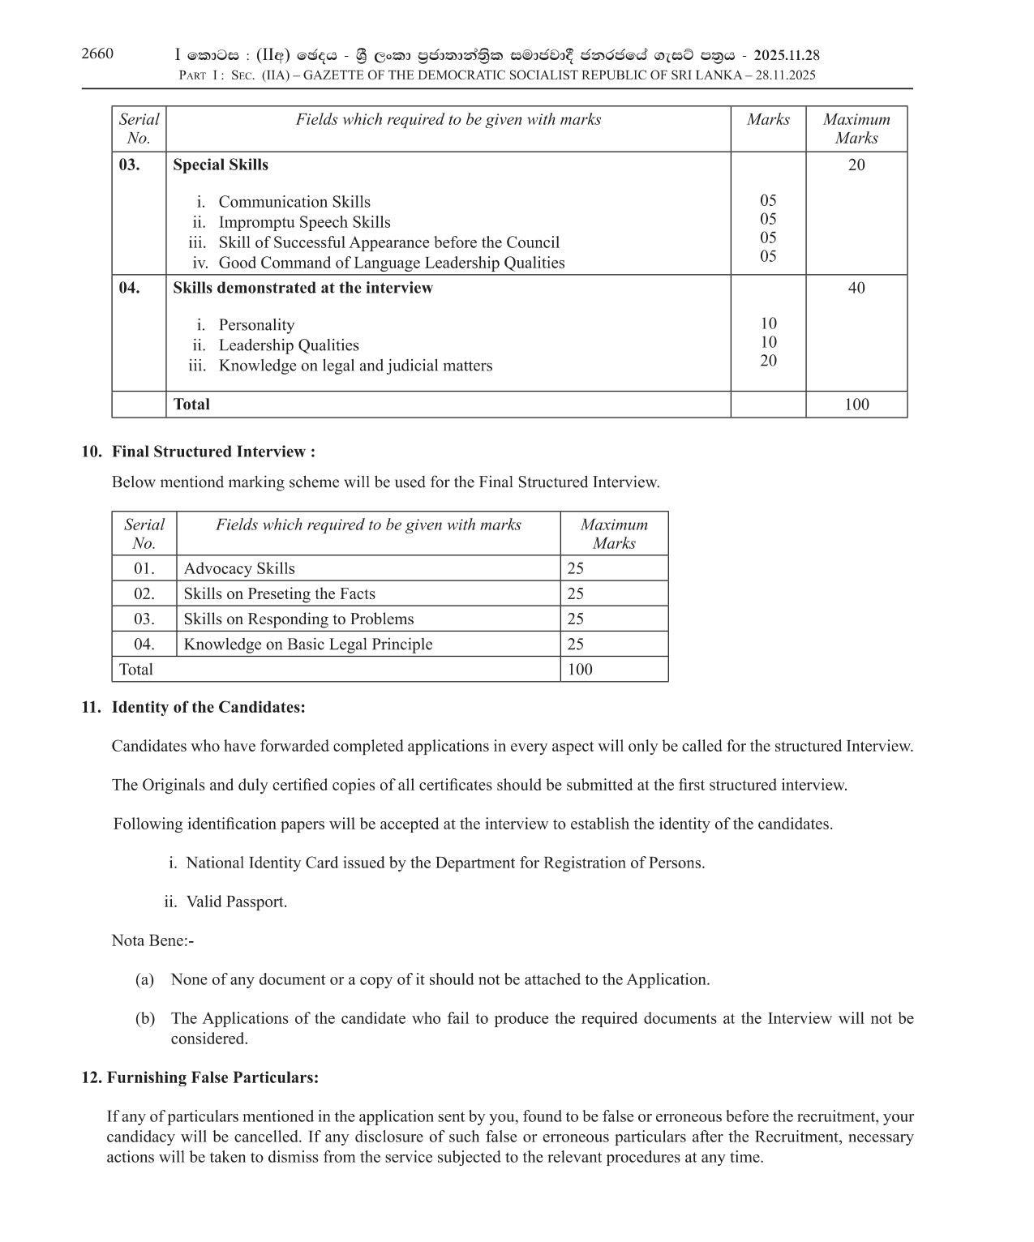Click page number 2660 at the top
click(97, 54)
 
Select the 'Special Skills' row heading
click(221, 165)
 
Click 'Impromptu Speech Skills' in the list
click(304, 222)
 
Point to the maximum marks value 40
click(856, 288)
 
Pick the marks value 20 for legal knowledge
click(768, 361)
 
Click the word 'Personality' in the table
click(256, 325)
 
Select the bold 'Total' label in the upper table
click(191, 404)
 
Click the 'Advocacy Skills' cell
click(239, 568)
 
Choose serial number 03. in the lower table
click(144, 619)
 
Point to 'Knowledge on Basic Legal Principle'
click(308, 644)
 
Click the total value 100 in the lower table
click(580, 669)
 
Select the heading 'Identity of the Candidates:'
click(208, 707)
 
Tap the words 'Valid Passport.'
click(237, 902)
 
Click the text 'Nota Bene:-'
click(152, 940)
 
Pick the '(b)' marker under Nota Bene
click(145, 1018)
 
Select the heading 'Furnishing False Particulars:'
click(212, 1077)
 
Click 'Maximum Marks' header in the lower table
click(614, 533)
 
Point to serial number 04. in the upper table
click(130, 288)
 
